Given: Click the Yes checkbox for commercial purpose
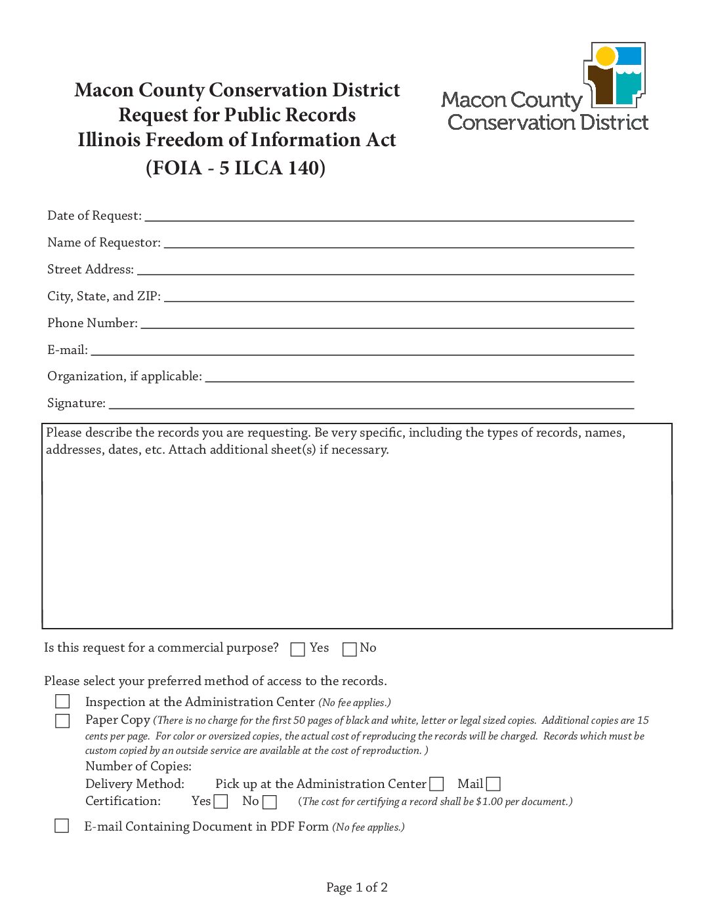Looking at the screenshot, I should pos(297,649).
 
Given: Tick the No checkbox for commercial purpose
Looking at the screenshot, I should pos(350,649).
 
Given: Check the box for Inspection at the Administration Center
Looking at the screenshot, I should pos(62,701).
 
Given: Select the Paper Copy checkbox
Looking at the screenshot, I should pos(62,720).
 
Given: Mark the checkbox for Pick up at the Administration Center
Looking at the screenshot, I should pos(437,784).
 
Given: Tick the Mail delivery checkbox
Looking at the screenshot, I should pos(493,784).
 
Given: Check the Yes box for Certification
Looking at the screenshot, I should pos(221,801).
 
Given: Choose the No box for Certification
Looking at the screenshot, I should pos(270,802).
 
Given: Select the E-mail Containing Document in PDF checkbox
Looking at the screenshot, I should pos(62,825).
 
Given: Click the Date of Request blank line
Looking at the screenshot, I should pos(389,217).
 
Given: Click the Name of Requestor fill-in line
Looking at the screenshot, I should pos(398,243).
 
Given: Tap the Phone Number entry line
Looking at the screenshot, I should pos(387,323).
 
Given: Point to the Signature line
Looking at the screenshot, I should pos(371,404).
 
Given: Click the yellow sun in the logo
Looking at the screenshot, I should pos(606,57).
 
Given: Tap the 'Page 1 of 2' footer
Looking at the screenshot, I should pos(357,888).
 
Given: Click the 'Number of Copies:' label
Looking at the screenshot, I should pos(138,766).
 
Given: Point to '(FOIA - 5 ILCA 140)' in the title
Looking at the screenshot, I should pos(236,168).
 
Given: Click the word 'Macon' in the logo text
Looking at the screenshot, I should pos(474,100).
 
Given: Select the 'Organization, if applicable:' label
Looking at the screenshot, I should pos(125,376).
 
